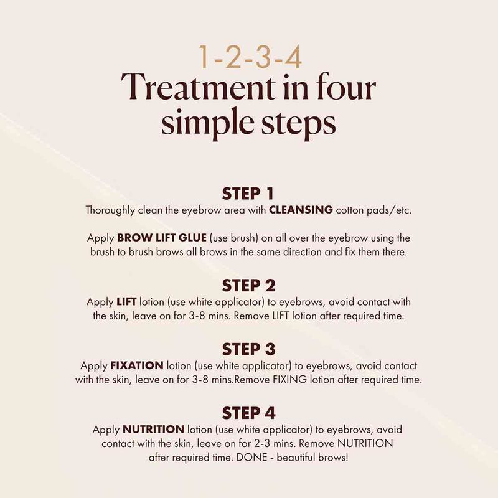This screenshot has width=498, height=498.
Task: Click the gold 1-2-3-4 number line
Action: coord(249,57)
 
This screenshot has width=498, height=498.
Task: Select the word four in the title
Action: coord(346,89)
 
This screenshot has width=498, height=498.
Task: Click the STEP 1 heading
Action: coord(249,194)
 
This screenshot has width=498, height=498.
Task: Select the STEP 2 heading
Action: coord(249,286)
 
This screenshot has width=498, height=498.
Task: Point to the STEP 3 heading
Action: coord(249,349)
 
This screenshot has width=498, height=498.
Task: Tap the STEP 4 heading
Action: coord(249,413)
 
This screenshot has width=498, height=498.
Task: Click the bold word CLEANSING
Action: coord(301,210)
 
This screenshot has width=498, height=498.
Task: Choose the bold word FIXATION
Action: coord(138,365)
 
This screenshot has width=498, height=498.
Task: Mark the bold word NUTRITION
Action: coord(153,429)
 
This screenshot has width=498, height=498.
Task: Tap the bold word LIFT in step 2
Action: coord(125,302)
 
